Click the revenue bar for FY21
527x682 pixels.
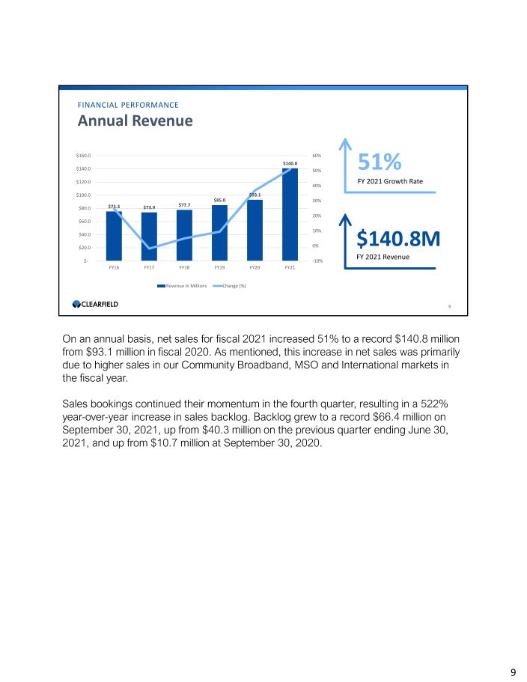point(290,214)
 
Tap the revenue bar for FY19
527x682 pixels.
point(220,232)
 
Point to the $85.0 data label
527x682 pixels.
point(220,200)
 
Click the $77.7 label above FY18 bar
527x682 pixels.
point(185,204)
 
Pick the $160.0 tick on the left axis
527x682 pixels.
point(82,156)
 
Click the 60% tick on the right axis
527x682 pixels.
point(317,156)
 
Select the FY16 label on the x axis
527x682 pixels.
point(115,267)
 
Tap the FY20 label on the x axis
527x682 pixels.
point(255,267)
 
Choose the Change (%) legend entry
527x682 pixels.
point(234,285)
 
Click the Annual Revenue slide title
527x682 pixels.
point(135,121)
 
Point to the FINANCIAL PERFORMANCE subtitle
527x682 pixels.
point(128,105)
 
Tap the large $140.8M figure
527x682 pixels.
point(397,238)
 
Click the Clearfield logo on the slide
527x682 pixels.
point(95,304)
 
